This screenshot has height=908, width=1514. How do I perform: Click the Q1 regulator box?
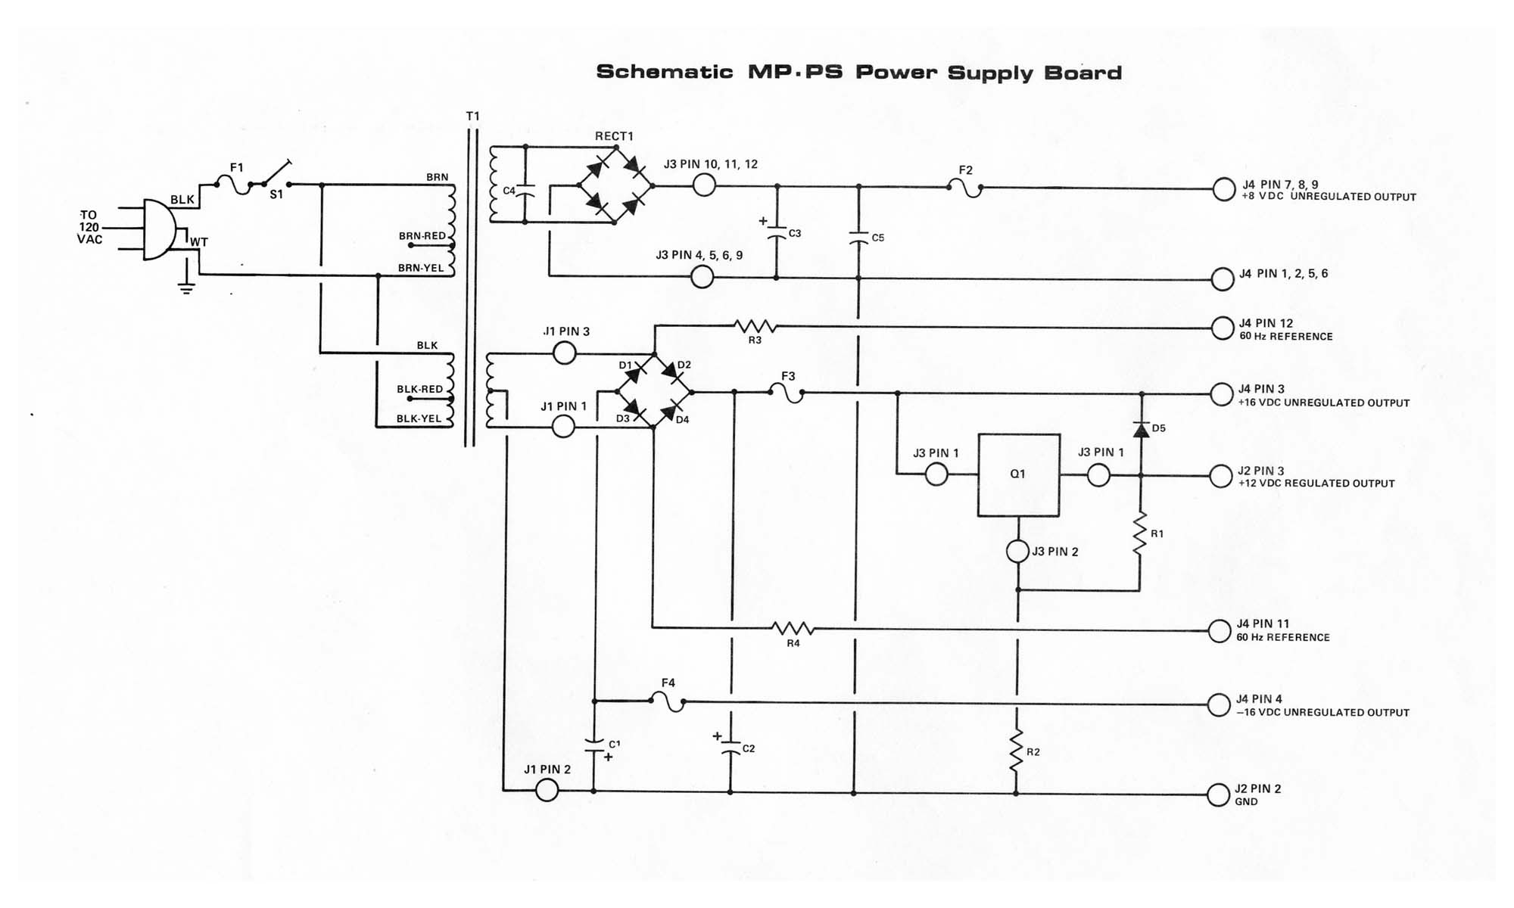tap(1018, 475)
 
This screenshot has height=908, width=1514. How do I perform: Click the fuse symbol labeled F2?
tap(965, 187)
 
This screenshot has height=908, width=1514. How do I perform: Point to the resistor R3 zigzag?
tap(755, 327)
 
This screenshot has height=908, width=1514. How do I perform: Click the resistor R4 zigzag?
tap(793, 628)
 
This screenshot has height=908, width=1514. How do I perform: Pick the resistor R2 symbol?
tap(1017, 751)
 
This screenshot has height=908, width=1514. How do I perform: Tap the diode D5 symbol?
tap(1141, 429)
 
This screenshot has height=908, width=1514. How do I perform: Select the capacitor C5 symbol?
tap(858, 238)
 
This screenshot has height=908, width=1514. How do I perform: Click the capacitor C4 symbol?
tap(525, 190)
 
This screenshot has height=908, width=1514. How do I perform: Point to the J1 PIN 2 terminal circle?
tap(547, 791)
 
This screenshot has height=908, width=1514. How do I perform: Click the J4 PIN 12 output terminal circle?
tap(1223, 328)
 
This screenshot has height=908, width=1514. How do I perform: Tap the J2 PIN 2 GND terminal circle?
tap(1218, 795)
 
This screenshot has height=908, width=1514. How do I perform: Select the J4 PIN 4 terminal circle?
tap(1219, 704)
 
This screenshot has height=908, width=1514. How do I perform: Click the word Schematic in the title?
tap(665, 73)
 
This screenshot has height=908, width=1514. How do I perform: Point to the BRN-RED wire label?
tap(422, 236)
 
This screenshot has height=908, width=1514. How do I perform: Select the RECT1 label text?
tap(614, 136)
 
